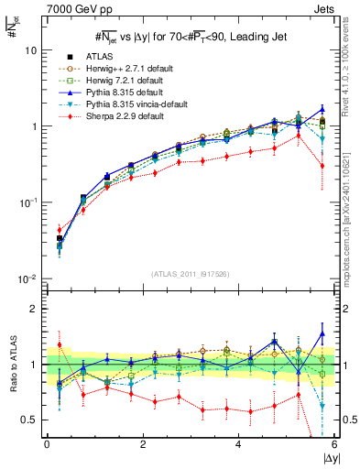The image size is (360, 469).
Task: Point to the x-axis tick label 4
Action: pos(238,445)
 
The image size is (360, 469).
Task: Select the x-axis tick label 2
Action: pos(143,445)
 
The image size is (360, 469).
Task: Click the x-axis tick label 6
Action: pos(333,445)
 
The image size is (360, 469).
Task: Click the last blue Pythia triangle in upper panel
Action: pos(322,109)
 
